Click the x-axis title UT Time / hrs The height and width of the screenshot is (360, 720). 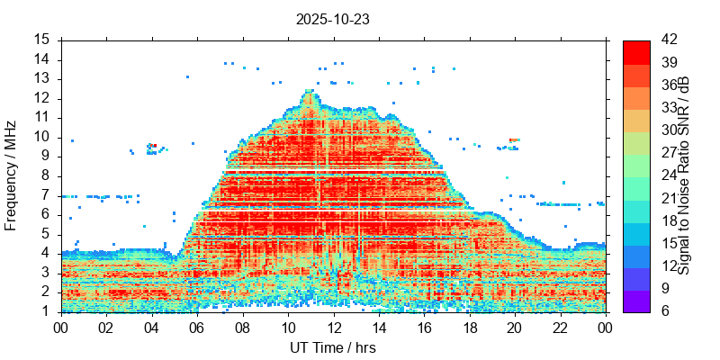333,347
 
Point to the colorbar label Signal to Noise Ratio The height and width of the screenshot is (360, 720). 685,175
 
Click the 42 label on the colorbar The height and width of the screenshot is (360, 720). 668,40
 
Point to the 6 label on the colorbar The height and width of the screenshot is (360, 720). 664,311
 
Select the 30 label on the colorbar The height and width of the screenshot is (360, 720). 668,130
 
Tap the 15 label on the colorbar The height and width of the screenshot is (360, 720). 668,244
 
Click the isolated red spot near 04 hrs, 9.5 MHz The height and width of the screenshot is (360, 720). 154,145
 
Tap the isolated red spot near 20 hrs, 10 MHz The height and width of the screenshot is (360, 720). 513,139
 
